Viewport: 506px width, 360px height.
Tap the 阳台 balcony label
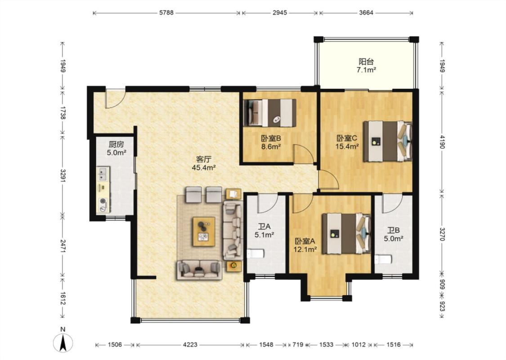366,61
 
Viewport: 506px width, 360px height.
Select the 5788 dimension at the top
166,13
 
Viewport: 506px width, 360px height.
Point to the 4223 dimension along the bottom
190,345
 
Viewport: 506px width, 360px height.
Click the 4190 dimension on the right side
442,141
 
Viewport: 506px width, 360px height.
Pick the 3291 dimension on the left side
63,175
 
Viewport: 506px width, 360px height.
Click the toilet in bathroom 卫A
256,254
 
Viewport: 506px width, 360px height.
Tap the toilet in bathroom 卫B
383,259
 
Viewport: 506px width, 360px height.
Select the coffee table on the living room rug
204,231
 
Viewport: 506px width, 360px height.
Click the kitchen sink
103,174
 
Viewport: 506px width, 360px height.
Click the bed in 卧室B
270,112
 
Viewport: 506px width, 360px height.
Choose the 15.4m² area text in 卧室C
348,146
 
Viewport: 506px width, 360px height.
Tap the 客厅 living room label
204,159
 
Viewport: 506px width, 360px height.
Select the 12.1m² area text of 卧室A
305,249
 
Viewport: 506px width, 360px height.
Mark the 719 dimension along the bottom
298,345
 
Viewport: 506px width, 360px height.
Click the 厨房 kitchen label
116,144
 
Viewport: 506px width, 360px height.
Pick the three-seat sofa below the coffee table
199,270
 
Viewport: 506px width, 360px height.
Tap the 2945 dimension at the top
279,13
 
